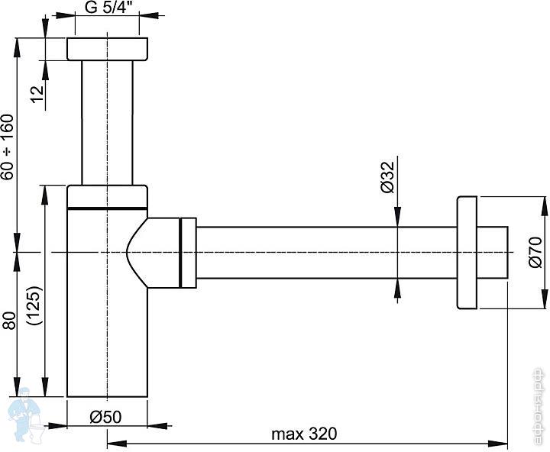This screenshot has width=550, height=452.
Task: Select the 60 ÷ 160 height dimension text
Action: pos(8,147)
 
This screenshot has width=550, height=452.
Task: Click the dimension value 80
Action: pos(8,319)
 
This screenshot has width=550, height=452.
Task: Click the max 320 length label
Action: pos(303,434)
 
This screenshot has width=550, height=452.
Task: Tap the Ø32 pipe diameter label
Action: pos(387,177)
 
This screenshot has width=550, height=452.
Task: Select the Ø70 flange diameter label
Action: pos(534,253)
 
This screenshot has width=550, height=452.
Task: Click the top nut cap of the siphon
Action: pos(106,48)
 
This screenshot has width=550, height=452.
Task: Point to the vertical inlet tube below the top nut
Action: pos(106,122)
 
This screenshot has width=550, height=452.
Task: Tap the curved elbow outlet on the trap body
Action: pos(153,252)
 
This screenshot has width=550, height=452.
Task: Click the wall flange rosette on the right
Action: pos(467,253)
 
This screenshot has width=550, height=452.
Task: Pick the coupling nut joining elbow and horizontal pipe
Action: pos(188,253)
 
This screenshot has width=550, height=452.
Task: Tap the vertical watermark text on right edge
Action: pos(539,408)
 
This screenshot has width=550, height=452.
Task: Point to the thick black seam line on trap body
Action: pos(106,207)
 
